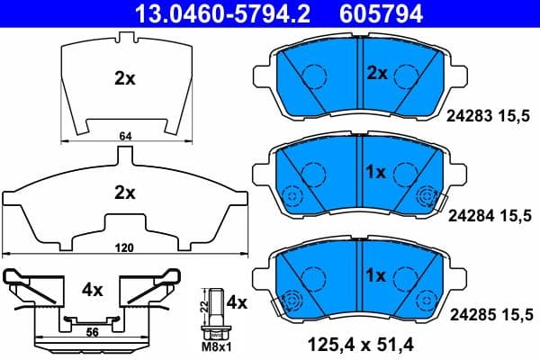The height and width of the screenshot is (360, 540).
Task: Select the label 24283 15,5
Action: tap(491, 116)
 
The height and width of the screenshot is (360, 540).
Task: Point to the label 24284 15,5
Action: tap(491, 214)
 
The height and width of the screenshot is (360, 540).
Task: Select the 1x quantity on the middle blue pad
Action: tap(375, 171)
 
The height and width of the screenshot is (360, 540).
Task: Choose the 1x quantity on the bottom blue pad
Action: tap(375, 274)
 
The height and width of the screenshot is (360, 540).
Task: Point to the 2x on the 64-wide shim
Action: tap(124, 78)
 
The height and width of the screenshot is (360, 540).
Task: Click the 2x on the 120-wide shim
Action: tap(124, 192)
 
